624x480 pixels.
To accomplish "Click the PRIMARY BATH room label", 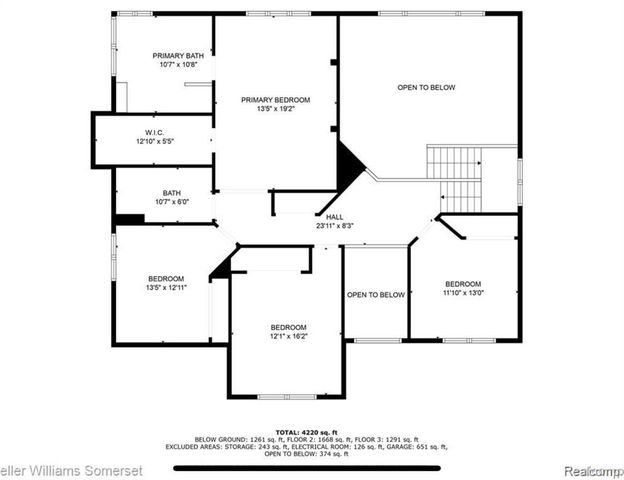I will tap(175, 55).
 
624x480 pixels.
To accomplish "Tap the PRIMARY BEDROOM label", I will tap(275, 100).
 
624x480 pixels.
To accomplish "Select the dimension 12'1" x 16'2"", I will tap(288, 337).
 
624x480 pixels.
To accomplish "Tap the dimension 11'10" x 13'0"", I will tap(463, 293).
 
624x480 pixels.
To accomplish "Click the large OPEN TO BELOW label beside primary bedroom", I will tap(426, 88).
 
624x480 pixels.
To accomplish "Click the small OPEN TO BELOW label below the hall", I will tap(376, 295).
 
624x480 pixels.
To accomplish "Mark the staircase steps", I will tap(456, 175).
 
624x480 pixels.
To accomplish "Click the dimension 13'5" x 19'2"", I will tap(275, 109).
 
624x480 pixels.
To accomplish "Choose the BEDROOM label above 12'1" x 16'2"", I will tap(288, 327).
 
